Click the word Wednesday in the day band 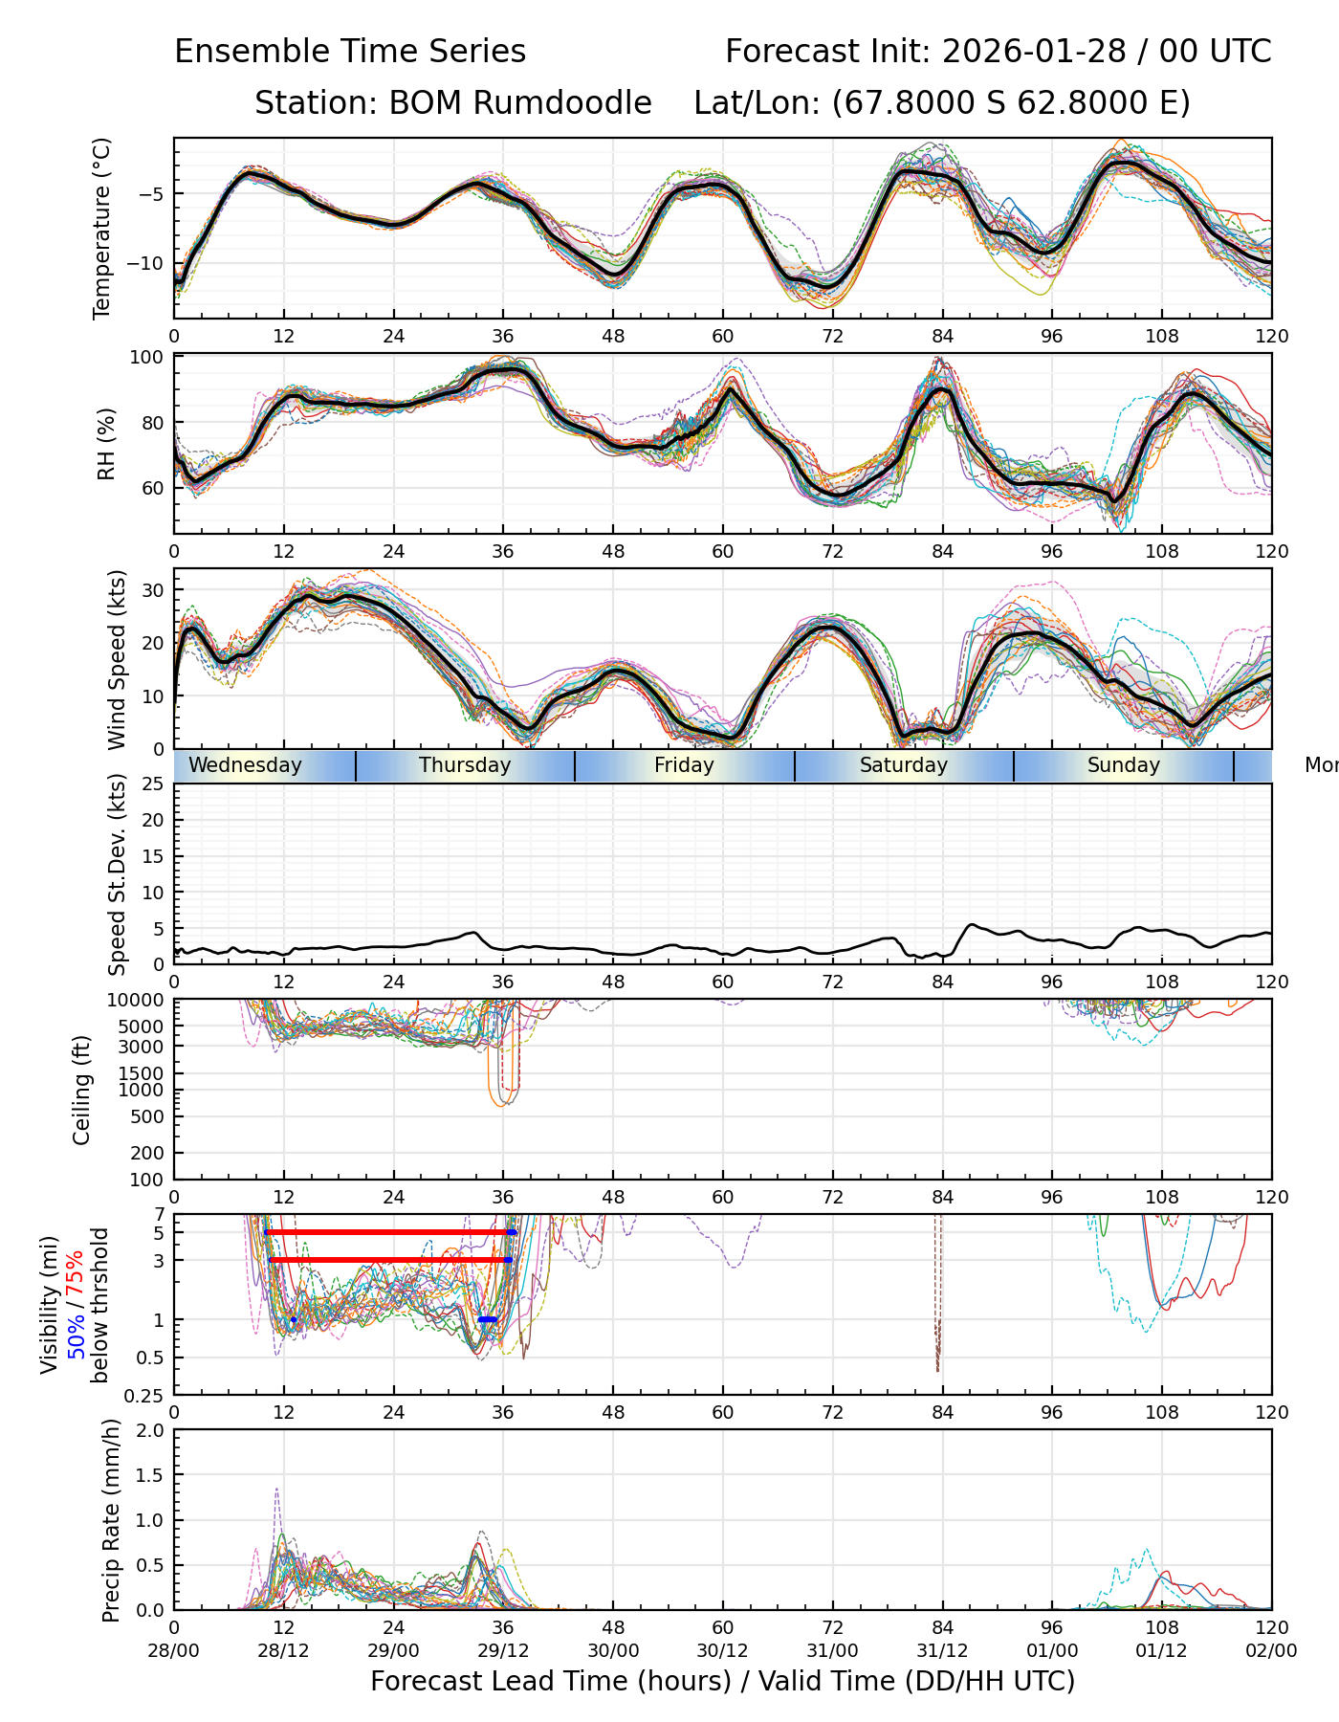click(x=245, y=765)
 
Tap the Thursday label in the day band click(x=465, y=765)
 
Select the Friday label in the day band click(x=684, y=765)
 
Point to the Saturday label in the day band click(x=903, y=765)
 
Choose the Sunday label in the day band click(x=1123, y=765)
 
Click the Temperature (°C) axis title click(x=102, y=228)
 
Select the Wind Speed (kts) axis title click(x=117, y=659)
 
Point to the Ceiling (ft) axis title click(x=82, y=1090)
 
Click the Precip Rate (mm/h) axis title click(x=111, y=1520)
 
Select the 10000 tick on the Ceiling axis click(x=136, y=1001)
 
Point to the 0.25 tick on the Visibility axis click(x=146, y=1395)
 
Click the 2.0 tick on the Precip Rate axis click(x=151, y=1430)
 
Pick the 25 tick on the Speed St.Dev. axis click(x=153, y=784)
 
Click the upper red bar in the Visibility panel click(x=387, y=1232)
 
